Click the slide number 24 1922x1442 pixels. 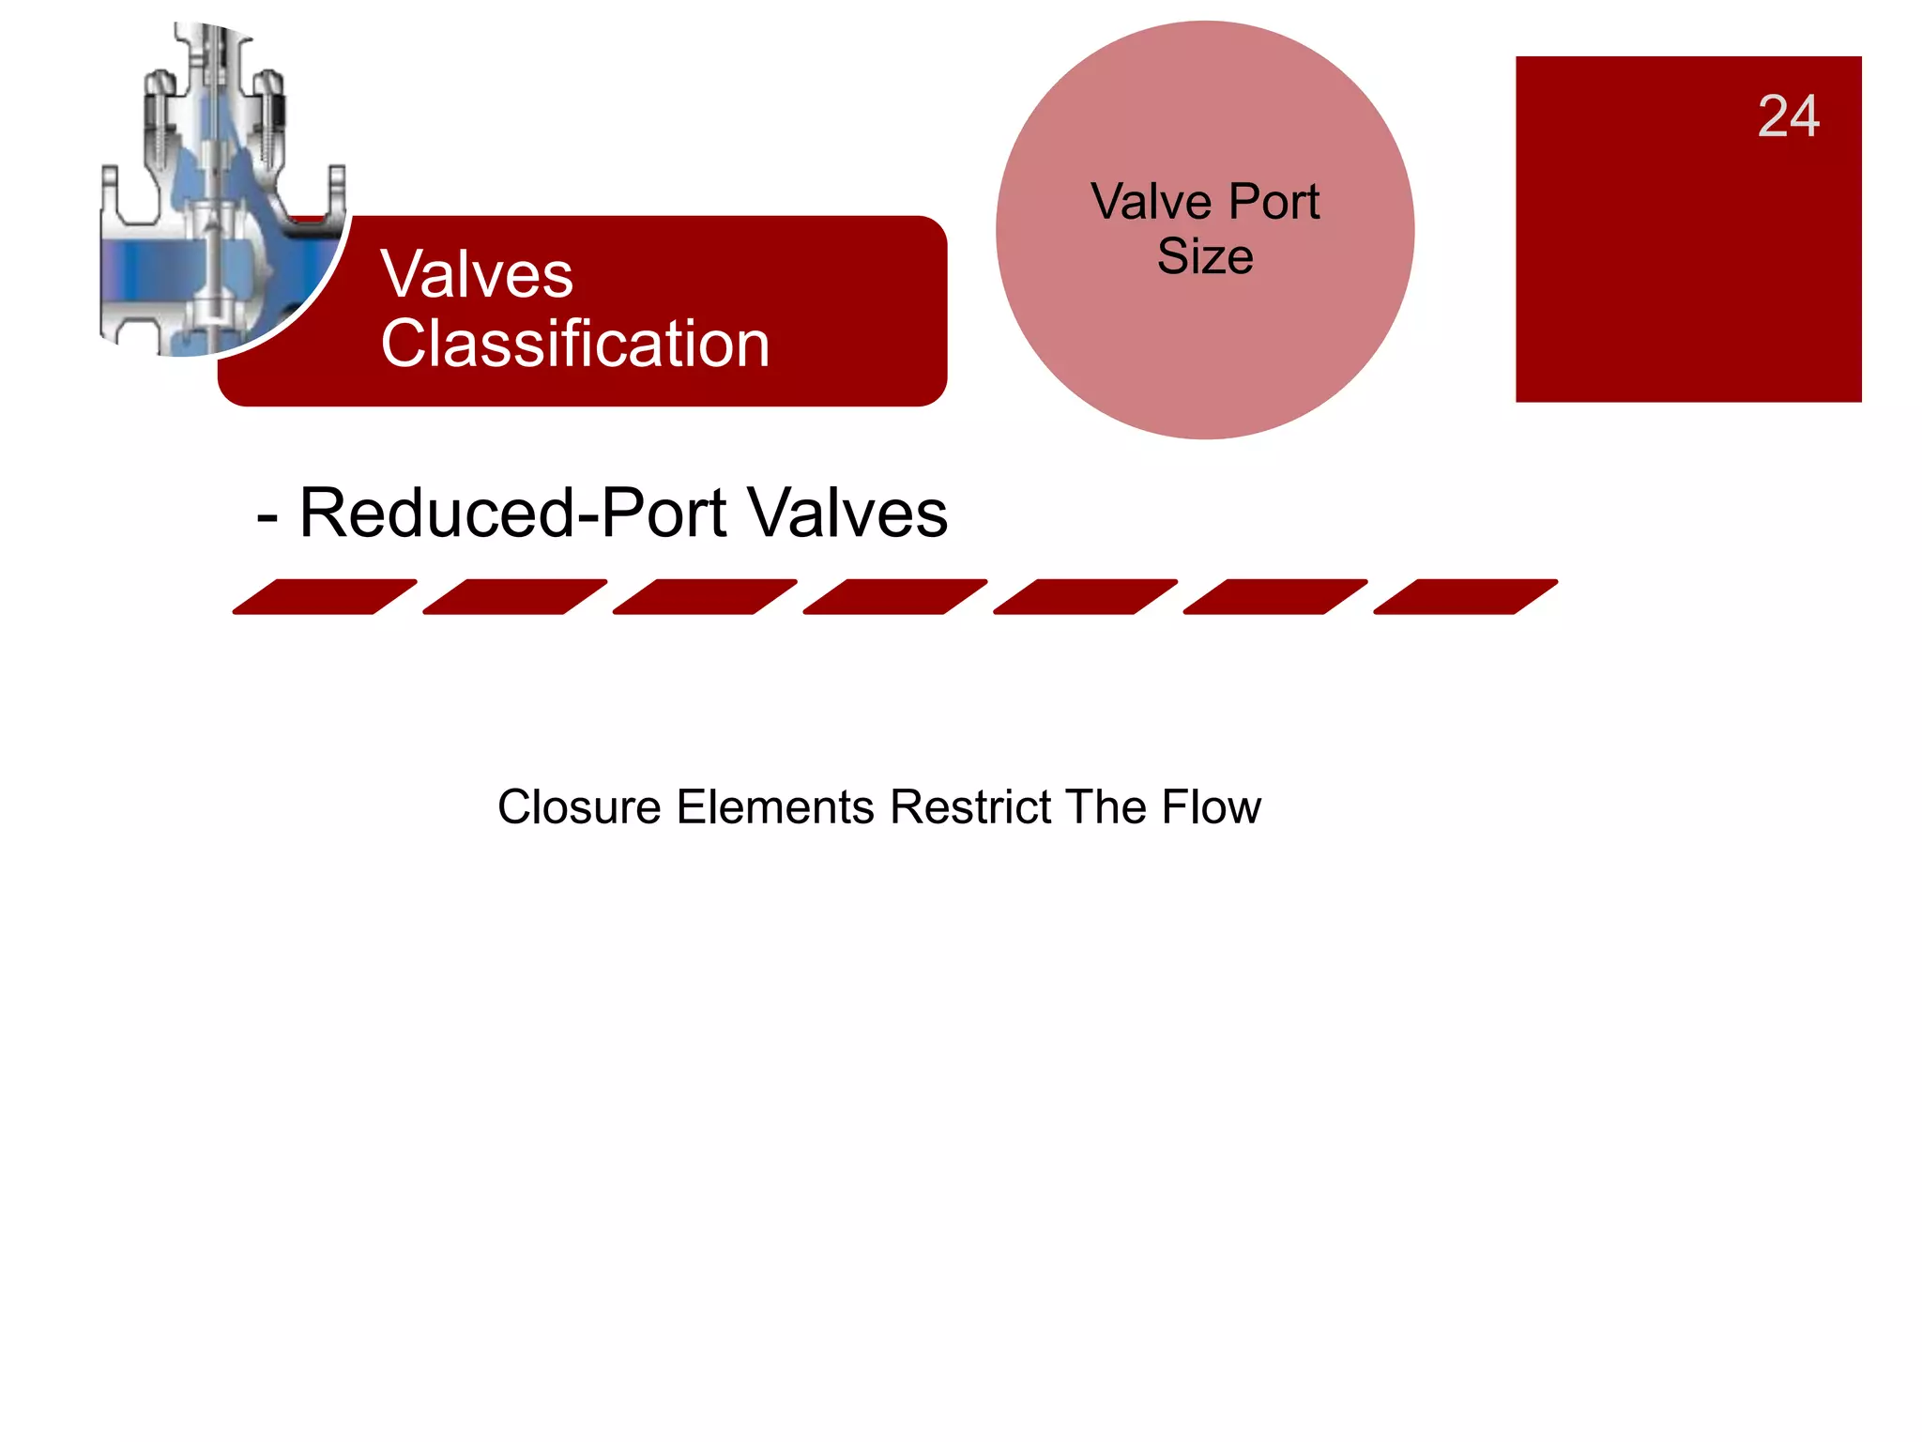coord(1788,116)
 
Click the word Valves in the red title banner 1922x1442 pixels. coord(477,275)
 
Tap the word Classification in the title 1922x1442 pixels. coord(575,344)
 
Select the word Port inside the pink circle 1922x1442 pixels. coord(1274,202)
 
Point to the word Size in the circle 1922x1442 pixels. coord(1205,256)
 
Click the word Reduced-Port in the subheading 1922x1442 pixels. coord(512,514)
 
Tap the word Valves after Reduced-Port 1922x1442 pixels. coord(848,514)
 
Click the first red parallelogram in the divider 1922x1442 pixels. coord(325,597)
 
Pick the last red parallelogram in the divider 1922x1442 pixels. coord(1465,597)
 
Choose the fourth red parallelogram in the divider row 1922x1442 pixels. coord(895,597)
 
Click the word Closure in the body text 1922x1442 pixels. coord(579,807)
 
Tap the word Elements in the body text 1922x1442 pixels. coord(775,807)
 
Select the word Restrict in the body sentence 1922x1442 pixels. coord(970,807)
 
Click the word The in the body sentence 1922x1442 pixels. coord(1106,807)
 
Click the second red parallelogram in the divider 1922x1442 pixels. coord(515,597)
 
